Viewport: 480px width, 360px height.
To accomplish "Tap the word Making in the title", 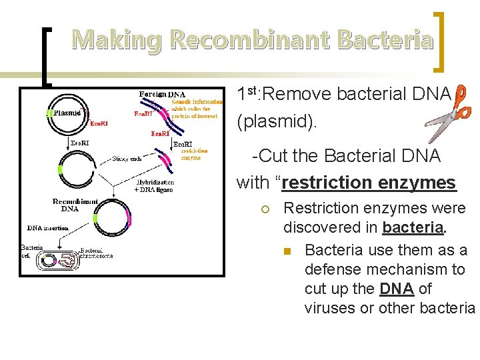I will (x=117, y=41).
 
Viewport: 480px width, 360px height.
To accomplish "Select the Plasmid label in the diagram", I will (x=67, y=113).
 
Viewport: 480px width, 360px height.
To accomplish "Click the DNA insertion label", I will (x=47, y=228).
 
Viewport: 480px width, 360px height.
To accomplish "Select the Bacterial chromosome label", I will (x=97, y=253).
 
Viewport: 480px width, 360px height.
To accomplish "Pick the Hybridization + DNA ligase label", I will (x=154, y=186).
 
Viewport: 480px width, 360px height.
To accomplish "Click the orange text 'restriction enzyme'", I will (x=194, y=154).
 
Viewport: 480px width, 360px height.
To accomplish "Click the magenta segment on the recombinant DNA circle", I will (x=127, y=217).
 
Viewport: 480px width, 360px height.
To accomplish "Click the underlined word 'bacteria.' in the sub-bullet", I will (x=413, y=227).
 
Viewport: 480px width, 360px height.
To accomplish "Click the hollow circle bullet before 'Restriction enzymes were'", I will (x=265, y=209).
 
